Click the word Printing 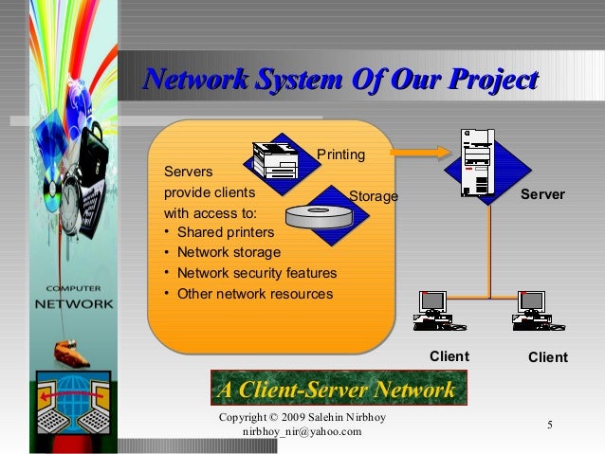tap(339, 154)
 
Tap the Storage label tap(374, 196)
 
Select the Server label tap(542, 194)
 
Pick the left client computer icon tap(434, 313)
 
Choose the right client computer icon tap(530, 313)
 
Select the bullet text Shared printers tap(226, 232)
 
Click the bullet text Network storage tap(229, 252)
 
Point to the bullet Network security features tap(256, 273)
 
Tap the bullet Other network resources tap(255, 294)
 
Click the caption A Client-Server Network tap(336, 390)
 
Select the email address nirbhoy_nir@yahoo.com tap(302, 432)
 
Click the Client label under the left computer tap(450, 356)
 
